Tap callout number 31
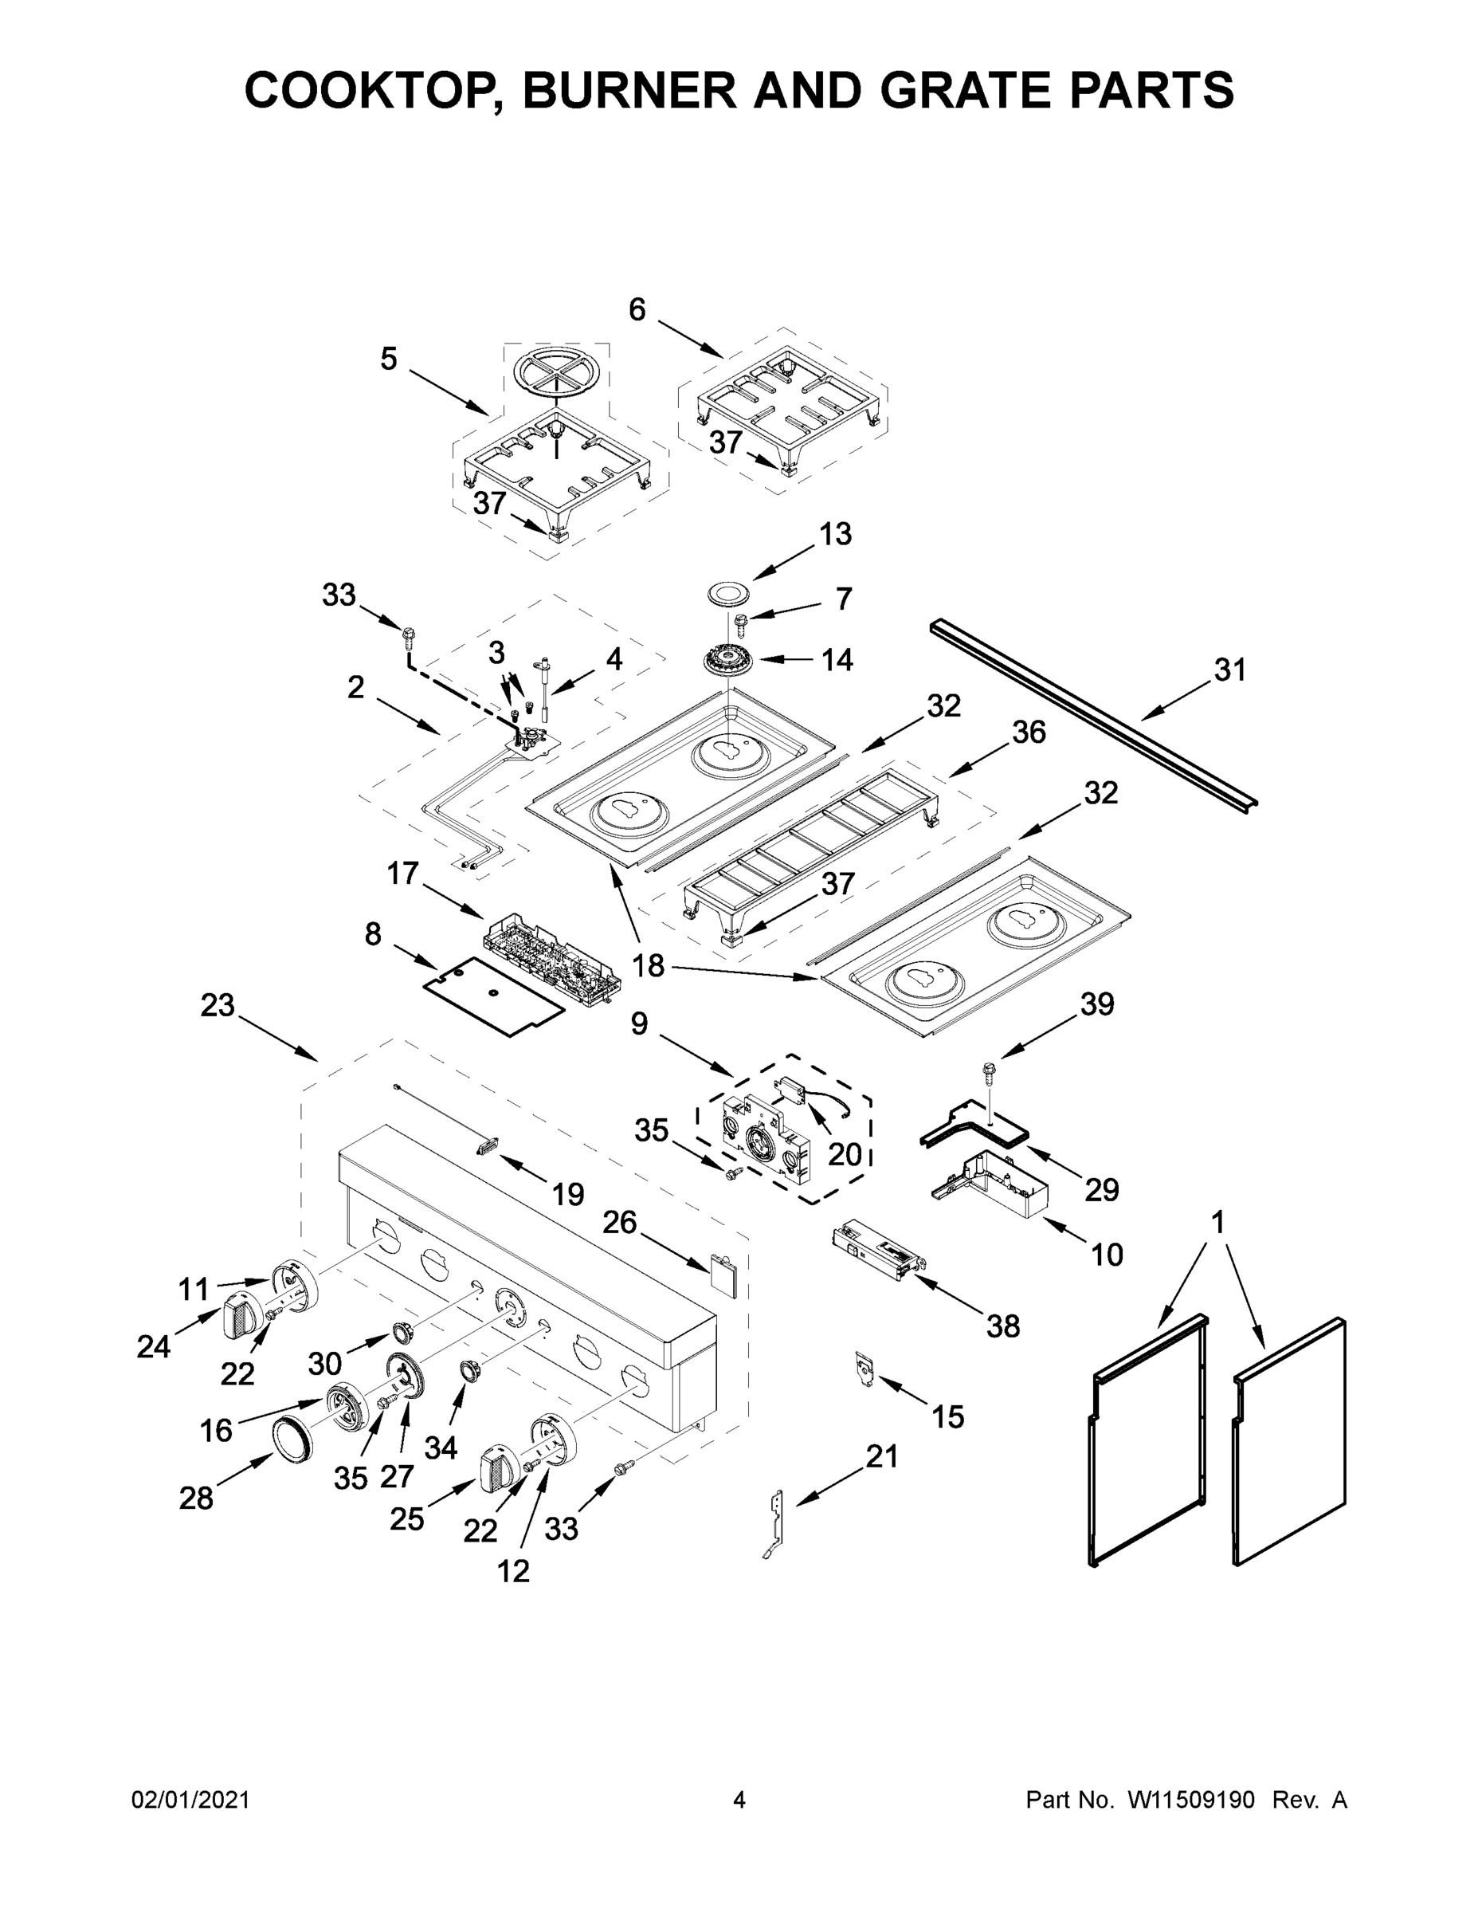tap(1229, 670)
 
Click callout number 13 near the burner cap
tap(835, 533)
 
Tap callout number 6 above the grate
tap(637, 309)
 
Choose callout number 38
tap(1002, 1326)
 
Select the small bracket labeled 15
tap(866, 1369)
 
